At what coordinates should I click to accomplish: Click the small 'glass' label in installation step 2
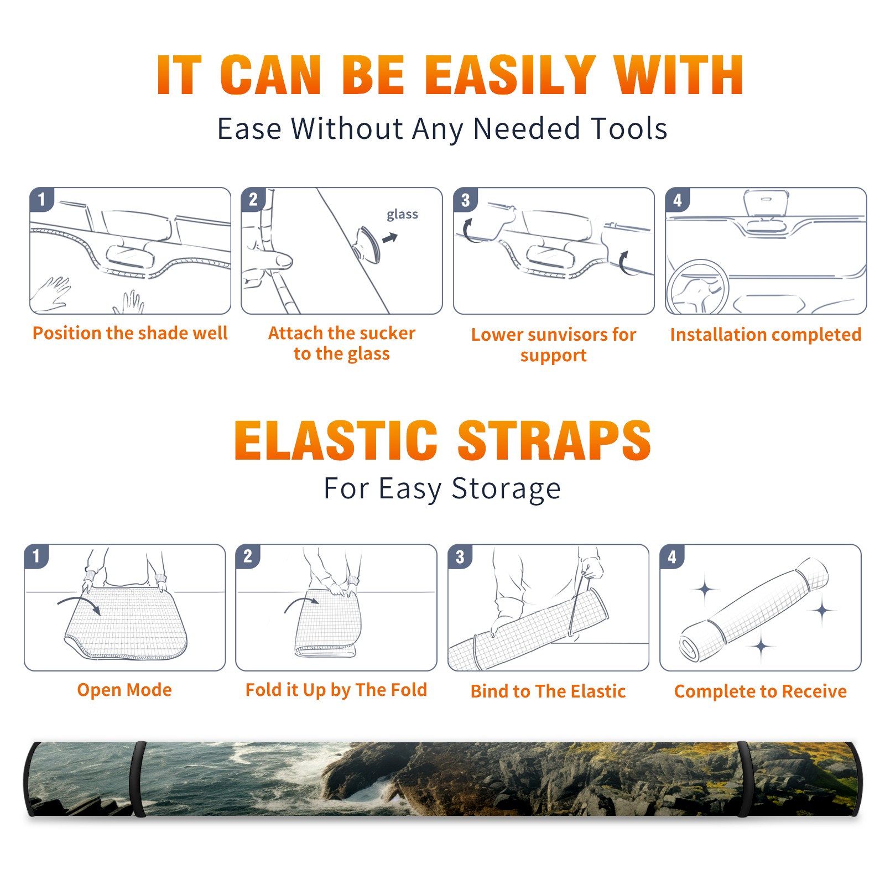tap(402, 215)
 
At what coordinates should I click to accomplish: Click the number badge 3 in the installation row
tap(466, 200)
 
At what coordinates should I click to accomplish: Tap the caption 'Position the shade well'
tap(130, 333)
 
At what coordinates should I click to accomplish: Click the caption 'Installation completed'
tap(766, 335)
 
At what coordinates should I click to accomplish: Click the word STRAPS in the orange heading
tap(554, 440)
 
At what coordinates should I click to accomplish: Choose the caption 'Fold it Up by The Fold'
tap(336, 690)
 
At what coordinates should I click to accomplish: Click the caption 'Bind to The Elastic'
tap(548, 691)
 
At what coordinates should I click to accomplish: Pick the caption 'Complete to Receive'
tap(761, 691)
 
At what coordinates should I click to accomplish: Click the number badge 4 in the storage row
tap(672, 556)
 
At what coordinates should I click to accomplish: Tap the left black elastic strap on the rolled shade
tap(138, 779)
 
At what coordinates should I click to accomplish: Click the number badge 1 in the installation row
tap(42, 199)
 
